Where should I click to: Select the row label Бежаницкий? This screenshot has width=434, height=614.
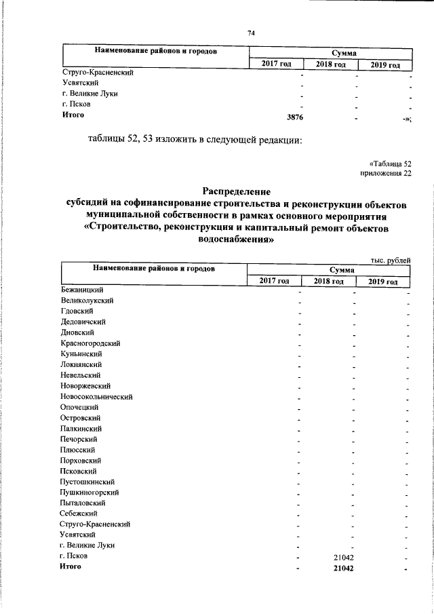(x=81, y=290)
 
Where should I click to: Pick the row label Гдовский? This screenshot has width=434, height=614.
(x=76, y=311)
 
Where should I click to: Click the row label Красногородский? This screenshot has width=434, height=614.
(x=89, y=343)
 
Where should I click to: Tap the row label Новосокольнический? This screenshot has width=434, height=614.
(x=96, y=396)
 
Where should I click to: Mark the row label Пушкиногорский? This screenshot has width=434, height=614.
(x=90, y=492)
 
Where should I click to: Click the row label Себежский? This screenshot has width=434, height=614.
(x=79, y=514)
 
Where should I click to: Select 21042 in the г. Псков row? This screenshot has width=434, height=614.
(x=347, y=556)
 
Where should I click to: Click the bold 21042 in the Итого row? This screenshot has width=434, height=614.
(x=347, y=567)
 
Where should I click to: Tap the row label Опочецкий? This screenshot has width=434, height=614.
(x=80, y=407)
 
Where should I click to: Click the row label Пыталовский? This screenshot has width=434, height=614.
(x=82, y=503)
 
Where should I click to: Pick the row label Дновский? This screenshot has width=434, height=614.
(x=77, y=332)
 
